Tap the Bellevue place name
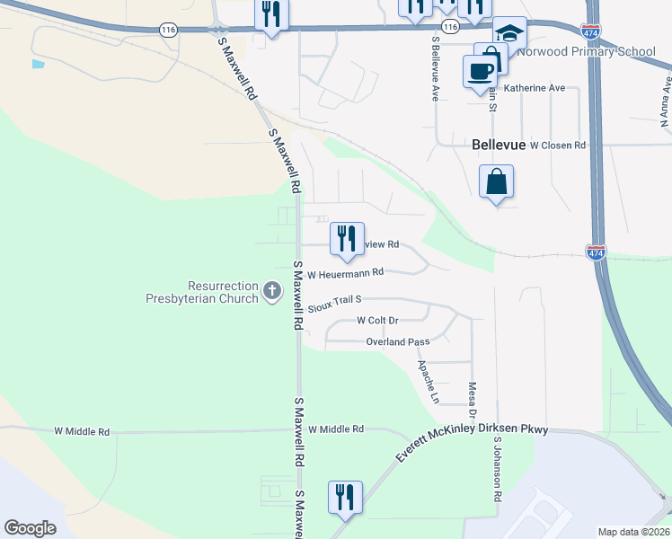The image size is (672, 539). [498, 144]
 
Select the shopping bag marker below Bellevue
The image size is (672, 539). [497, 182]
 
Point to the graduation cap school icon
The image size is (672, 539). [509, 33]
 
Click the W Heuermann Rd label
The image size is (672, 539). [345, 273]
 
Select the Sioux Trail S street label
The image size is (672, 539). [334, 304]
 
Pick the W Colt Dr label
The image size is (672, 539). [377, 320]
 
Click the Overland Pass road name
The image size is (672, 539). [397, 342]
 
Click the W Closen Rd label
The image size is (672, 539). [557, 145]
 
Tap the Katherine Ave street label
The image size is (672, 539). [534, 88]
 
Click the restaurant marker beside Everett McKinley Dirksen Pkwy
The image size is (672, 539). [345, 497]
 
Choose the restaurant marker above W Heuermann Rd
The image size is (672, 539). [346, 238]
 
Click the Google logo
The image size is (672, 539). [30, 528]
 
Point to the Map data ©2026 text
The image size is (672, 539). [634, 532]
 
